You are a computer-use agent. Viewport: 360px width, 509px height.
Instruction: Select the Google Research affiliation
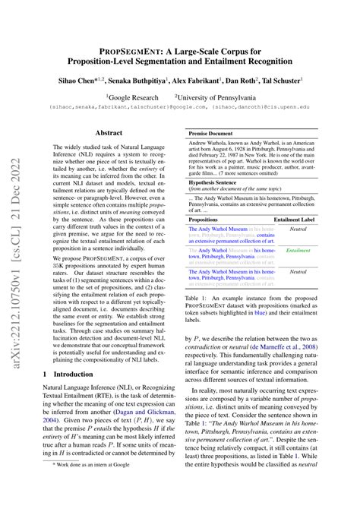[133, 97]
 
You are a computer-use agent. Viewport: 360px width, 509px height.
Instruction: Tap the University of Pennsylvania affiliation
[224, 97]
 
